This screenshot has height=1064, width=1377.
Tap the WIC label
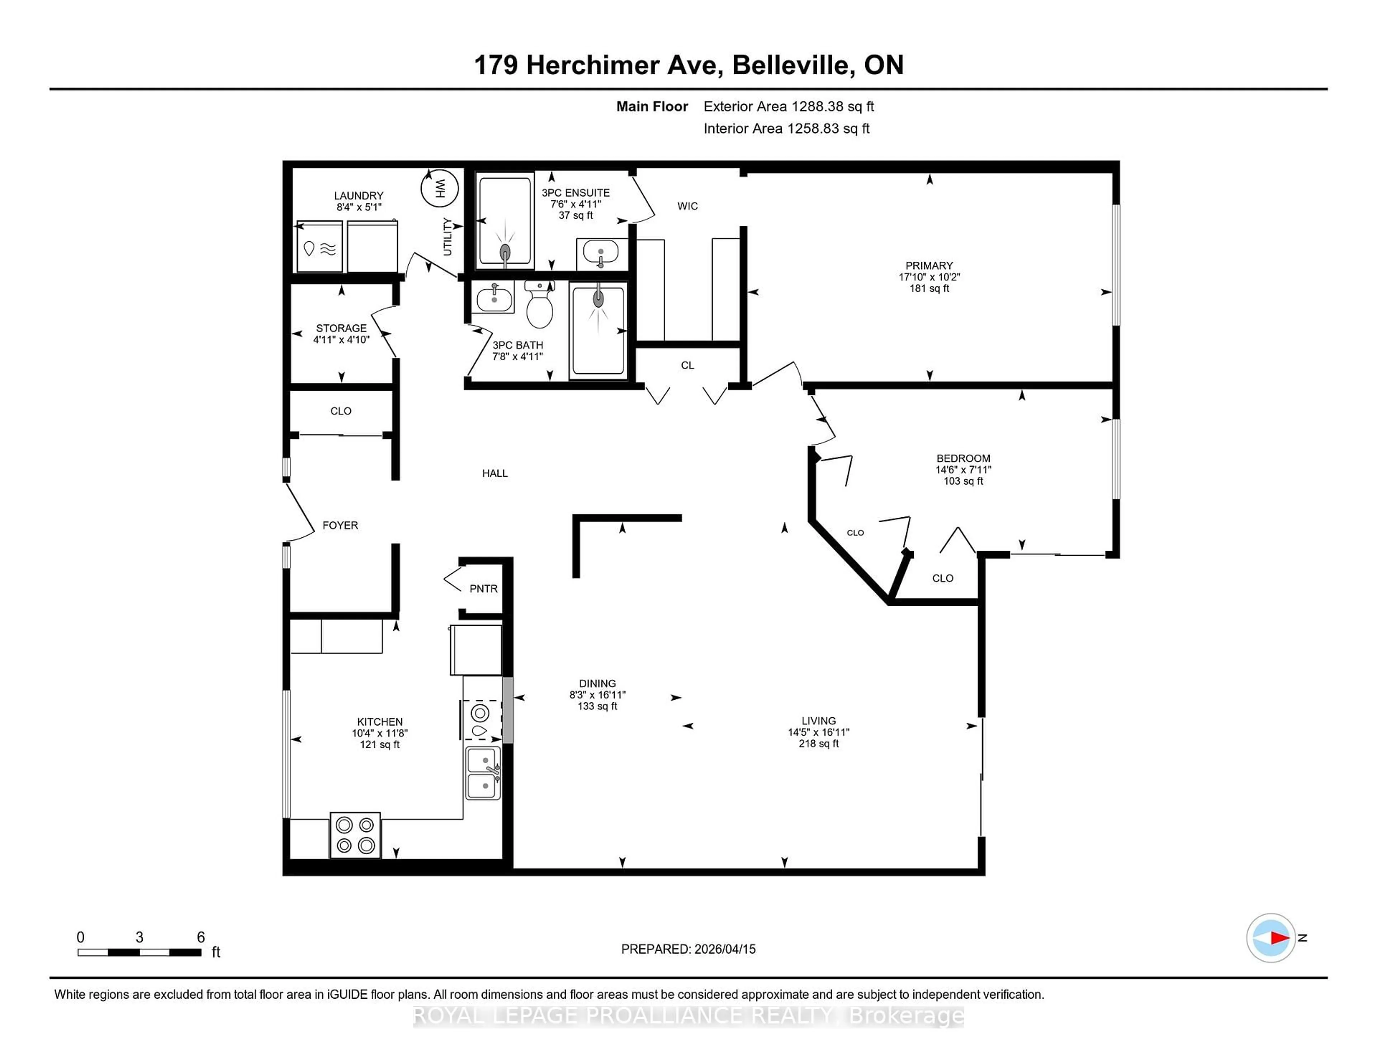tap(687, 206)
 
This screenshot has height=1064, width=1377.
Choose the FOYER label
tap(340, 525)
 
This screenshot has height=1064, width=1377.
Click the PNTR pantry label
tap(484, 589)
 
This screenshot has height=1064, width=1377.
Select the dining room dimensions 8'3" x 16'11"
tap(597, 695)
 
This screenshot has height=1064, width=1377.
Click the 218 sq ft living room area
tap(818, 744)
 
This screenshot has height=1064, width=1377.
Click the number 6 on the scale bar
tap(200, 937)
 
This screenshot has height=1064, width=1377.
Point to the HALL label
tap(495, 473)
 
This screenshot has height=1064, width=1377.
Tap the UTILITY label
tap(448, 236)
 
